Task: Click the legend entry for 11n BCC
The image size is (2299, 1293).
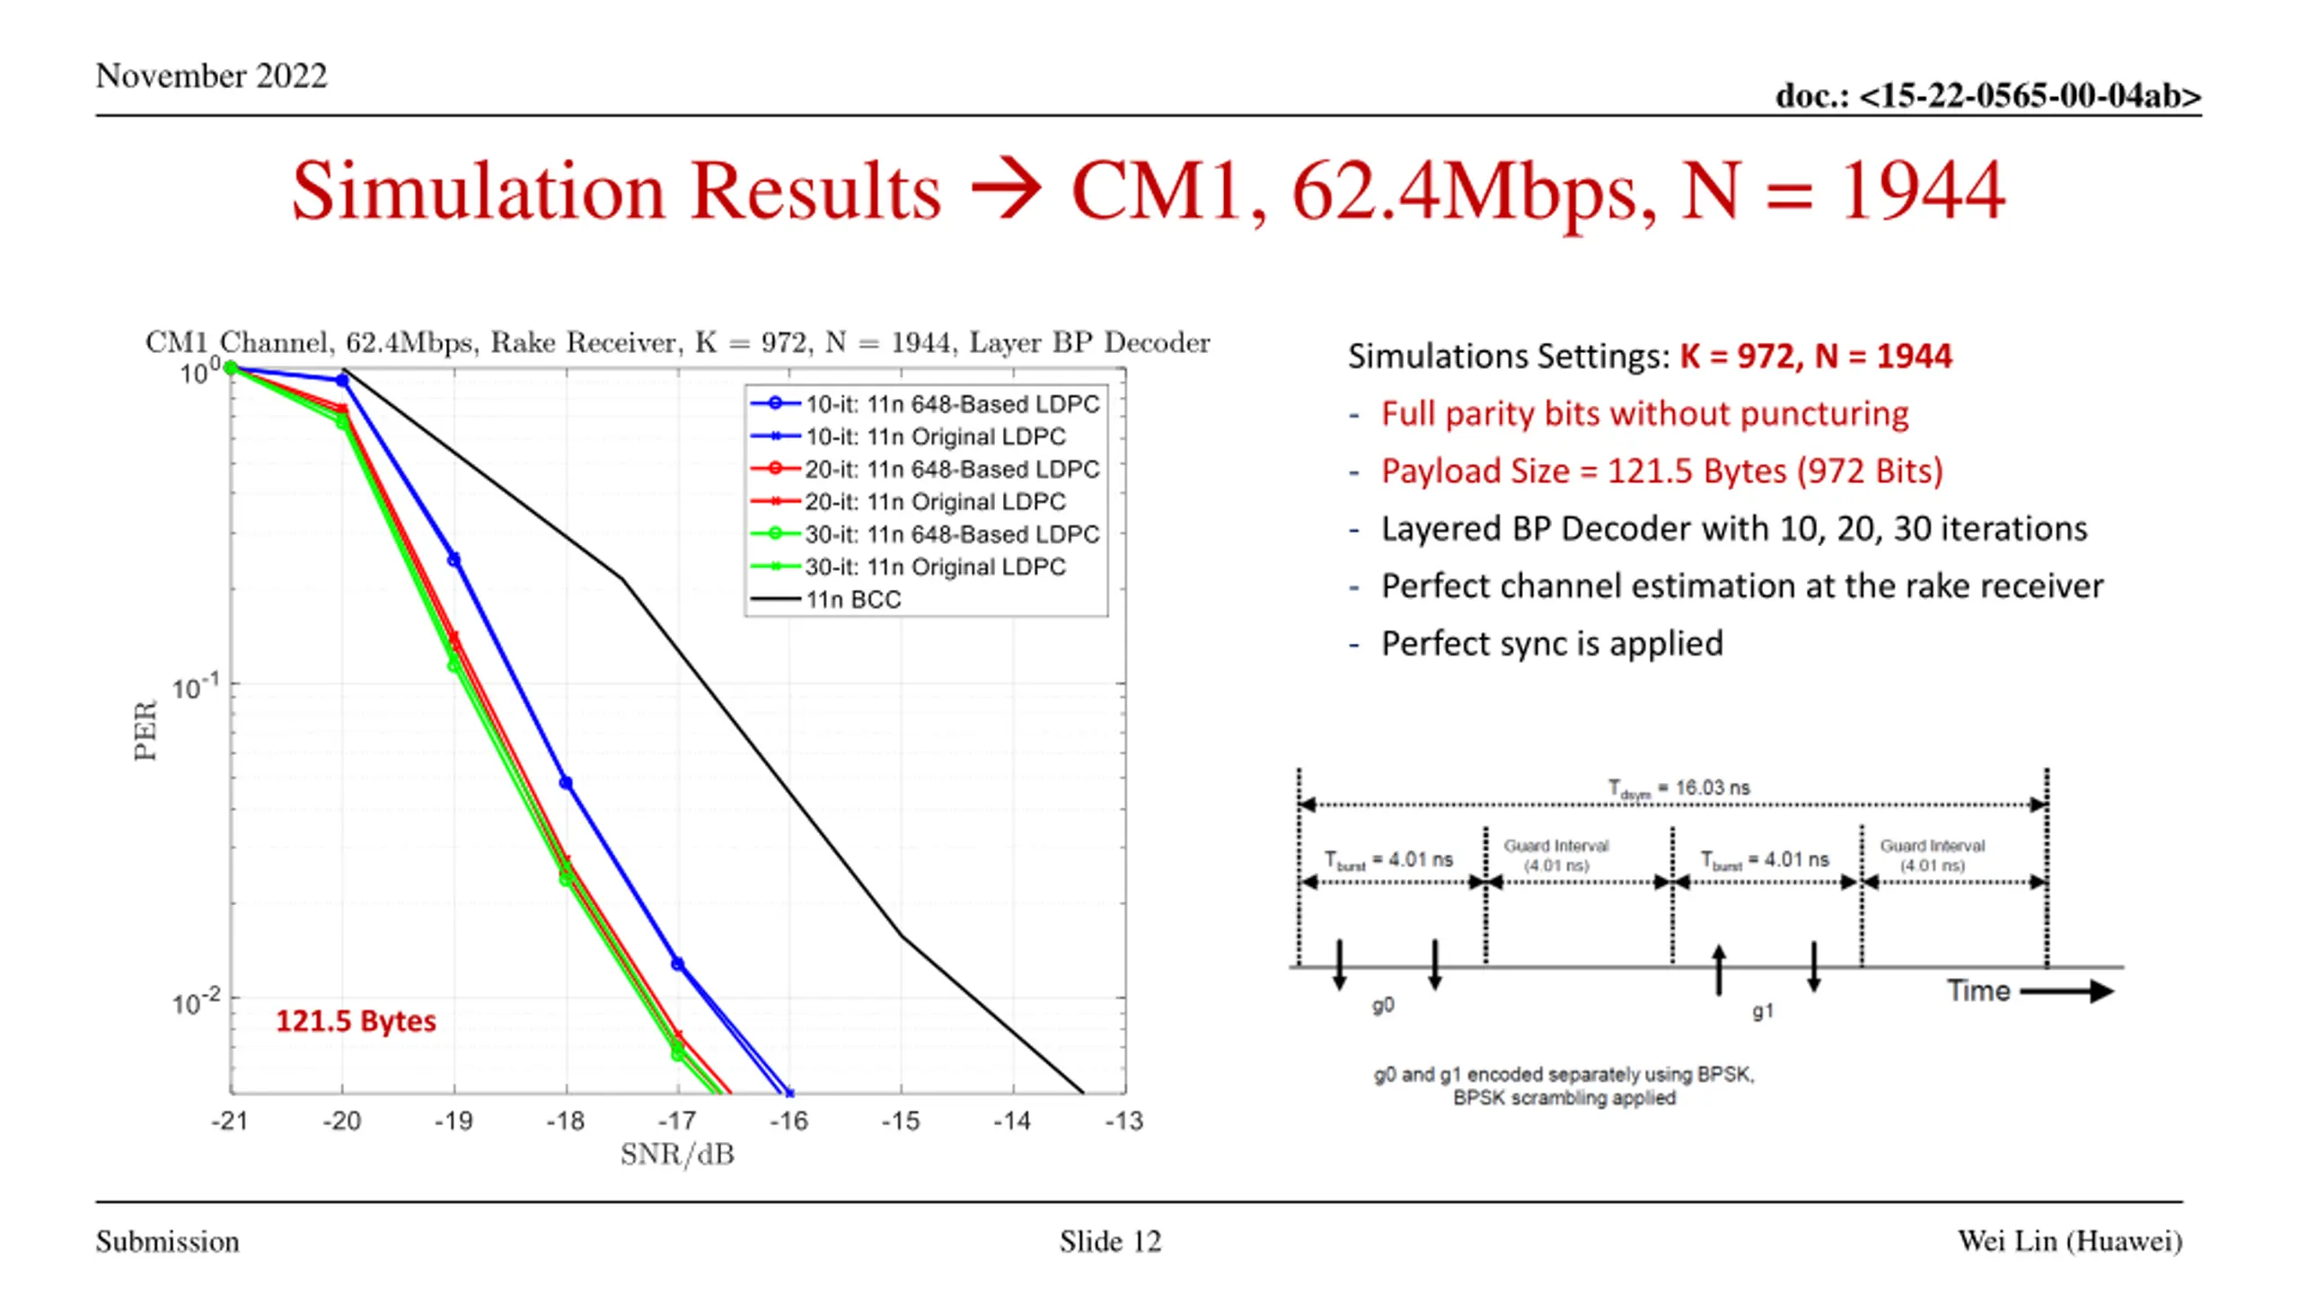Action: [x=852, y=599]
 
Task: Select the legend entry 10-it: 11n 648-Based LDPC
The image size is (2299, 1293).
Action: [x=952, y=404]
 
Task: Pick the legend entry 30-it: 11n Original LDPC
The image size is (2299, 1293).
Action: [x=935, y=567]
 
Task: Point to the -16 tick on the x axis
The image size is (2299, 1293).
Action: [x=788, y=1121]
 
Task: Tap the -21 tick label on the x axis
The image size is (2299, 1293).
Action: [x=230, y=1121]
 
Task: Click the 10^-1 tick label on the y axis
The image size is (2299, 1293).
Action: [x=195, y=688]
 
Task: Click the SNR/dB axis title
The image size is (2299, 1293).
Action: [x=677, y=1155]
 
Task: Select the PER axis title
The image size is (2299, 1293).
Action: [x=145, y=730]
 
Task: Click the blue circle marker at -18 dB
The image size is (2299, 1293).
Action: [x=566, y=783]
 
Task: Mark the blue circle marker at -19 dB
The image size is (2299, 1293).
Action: [x=454, y=559]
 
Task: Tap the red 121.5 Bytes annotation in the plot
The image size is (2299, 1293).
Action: [x=356, y=1021]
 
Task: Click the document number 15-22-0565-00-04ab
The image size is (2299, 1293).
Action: [x=1988, y=95]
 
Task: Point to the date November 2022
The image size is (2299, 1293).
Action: [x=212, y=75]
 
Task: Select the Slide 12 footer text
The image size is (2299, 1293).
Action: [x=1110, y=1242]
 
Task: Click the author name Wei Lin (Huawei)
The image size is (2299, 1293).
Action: [x=2069, y=1241]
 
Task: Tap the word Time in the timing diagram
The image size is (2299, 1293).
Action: [x=1977, y=990]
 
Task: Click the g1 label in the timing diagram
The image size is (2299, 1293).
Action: [x=1763, y=1011]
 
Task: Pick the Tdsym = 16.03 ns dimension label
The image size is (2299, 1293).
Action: [x=1678, y=788]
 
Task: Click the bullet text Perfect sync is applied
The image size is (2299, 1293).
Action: [x=1552, y=644]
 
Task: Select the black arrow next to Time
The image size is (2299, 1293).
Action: [x=2066, y=991]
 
